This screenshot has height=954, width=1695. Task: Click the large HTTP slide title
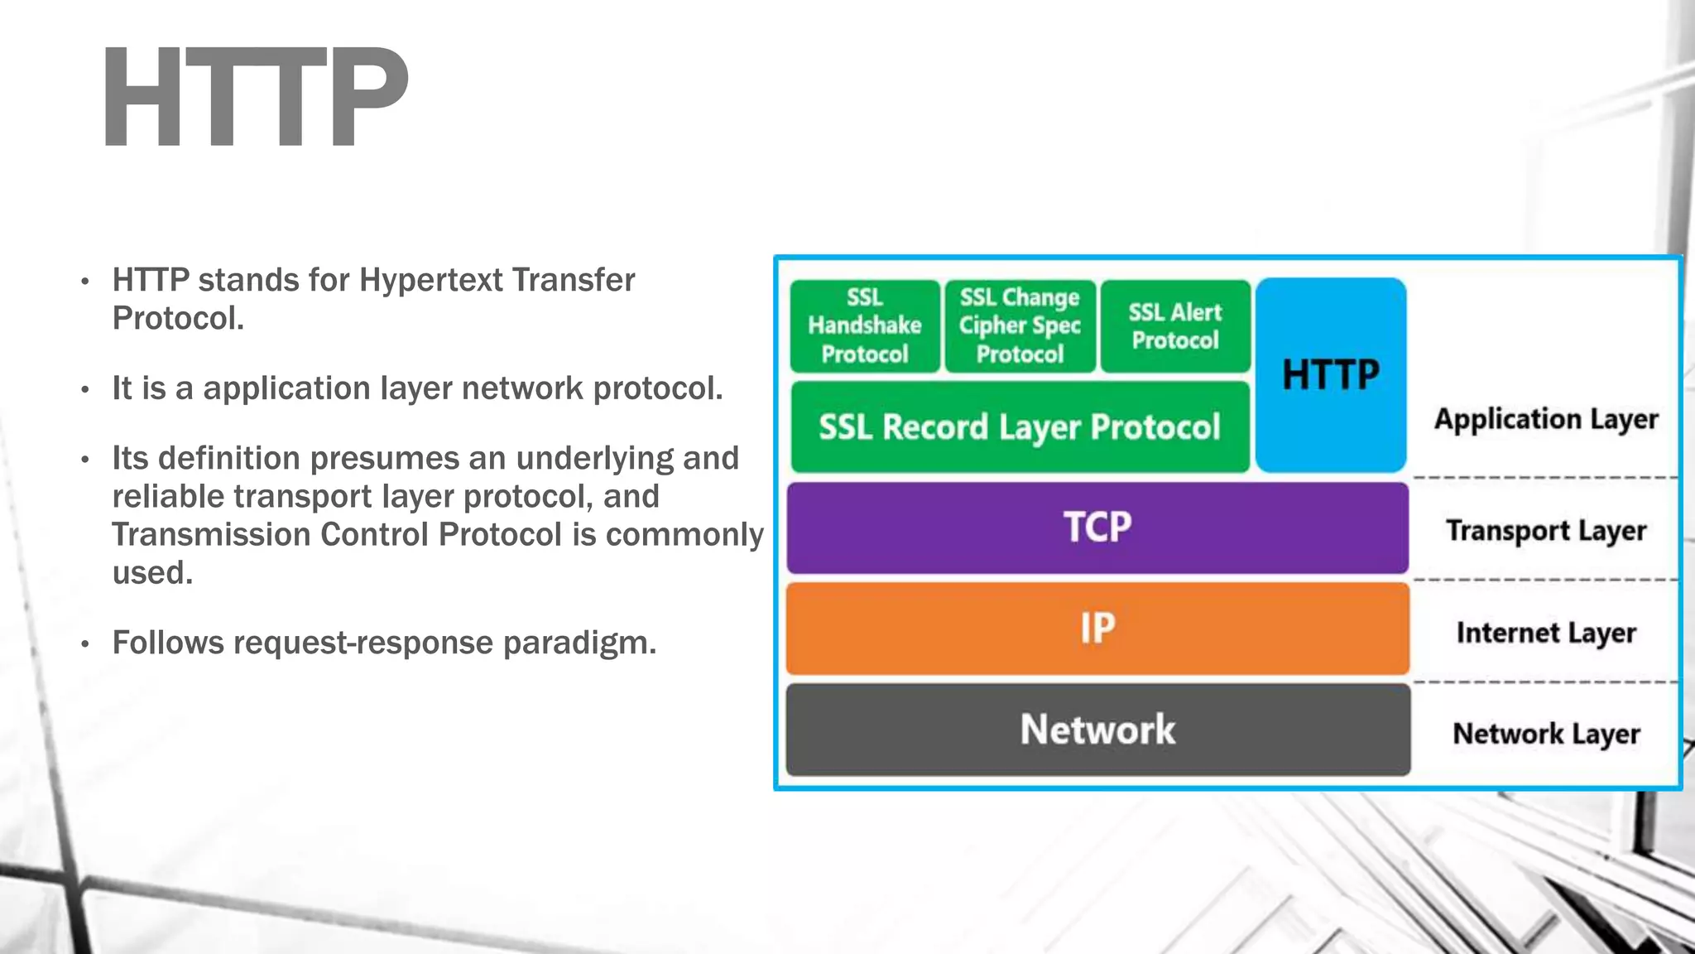pyautogui.click(x=255, y=98)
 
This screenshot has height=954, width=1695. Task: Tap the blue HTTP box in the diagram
pyautogui.click(x=1330, y=374)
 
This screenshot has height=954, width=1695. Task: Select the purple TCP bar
pyautogui.click(x=1097, y=528)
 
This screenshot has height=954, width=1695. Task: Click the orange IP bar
pyautogui.click(x=1097, y=629)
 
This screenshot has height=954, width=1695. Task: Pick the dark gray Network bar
pyautogui.click(x=1097, y=730)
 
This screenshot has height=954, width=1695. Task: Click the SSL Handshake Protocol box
pyautogui.click(x=864, y=325)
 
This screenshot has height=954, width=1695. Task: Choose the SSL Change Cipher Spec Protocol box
pyautogui.click(x=1020, y=325)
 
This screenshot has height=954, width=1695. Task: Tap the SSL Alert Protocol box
pyautogui.click(x=1174, y=325)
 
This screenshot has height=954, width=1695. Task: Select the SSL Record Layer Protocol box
pyautogui.click(x=1019, y=427)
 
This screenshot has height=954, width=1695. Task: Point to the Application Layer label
pyautogui.click(x=1545, y=420)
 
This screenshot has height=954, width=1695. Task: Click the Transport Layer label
pyautogui.click(x=1545, y=531)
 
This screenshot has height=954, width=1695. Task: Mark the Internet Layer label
pyautogui.click(x=1545, y=634)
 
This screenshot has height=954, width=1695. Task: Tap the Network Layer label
pyautogui.click(x=1545, y=735)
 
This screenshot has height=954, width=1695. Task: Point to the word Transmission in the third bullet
pyautogui.click(x=211, y=535)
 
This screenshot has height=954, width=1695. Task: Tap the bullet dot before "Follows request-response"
pyautogui.click(x=85, y=644)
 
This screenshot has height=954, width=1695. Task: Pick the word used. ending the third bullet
pyautogui.click(x=152, y=573)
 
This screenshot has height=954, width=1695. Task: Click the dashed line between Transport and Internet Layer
pyautogui.click(x=1544, y=580)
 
